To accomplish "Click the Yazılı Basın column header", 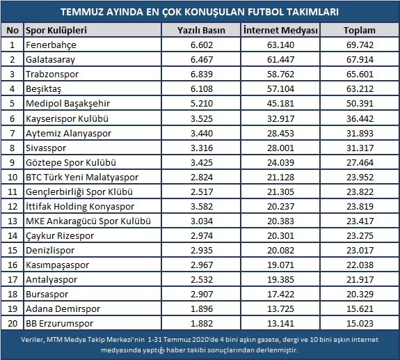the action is click(201, 31).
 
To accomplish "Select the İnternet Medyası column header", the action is click(280, 31).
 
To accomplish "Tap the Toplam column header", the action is click(360, 31).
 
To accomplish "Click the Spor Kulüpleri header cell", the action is click(56, 31).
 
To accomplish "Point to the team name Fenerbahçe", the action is click(51, 45).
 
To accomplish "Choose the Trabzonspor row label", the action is click(52, 75).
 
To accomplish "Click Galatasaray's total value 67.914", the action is click(360, 60).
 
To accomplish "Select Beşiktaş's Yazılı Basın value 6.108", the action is click(202, 89).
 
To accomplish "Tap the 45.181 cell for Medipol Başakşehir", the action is click(280, 103).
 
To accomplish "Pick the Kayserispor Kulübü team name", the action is click(67, 118).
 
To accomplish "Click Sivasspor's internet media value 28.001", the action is click(280, 148).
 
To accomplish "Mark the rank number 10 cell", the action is click(13, 177).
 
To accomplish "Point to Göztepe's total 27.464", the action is click(360, 163).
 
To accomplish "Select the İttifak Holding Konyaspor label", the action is click(80, 207).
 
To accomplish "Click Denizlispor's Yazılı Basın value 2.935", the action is click(202, 251).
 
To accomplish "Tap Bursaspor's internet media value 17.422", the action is click(280, 295).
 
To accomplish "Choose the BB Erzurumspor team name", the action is click(59, 324).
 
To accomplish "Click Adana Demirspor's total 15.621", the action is click(360, 309).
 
